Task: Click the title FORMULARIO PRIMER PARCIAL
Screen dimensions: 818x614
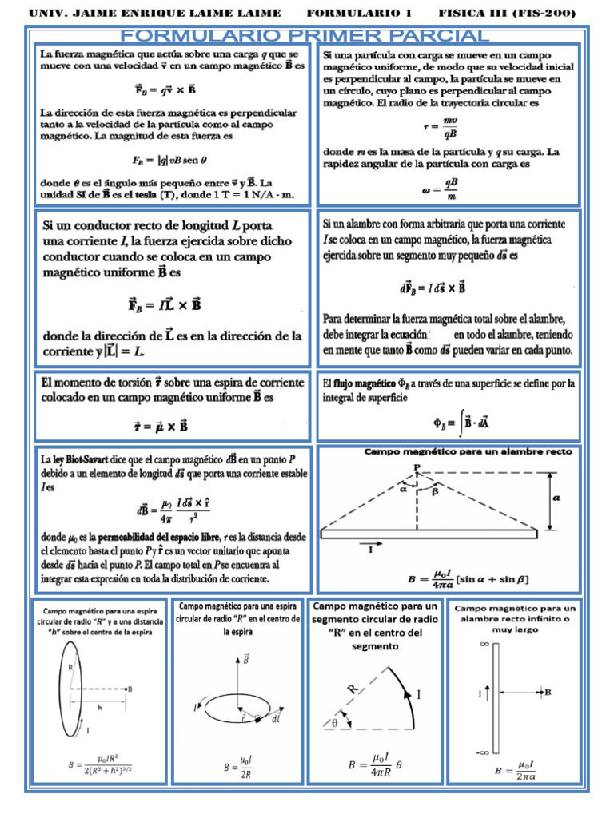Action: pos(304,36)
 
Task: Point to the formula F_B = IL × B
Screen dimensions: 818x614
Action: pos(164,304)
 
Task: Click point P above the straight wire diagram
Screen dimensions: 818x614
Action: pos(417,467)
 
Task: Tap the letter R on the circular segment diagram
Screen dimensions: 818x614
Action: pos(353,688)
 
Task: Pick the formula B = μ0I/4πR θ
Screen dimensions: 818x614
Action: pos(376,765)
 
